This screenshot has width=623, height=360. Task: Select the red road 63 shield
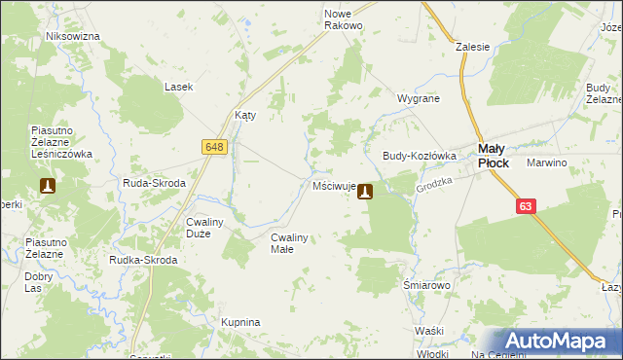point(527,206)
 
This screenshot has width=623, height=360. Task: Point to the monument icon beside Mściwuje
point(365,192)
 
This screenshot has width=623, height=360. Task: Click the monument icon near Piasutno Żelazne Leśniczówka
point(47,185)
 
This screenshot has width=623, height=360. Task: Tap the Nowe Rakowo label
point(343,19)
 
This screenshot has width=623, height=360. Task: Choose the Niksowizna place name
point(73,36)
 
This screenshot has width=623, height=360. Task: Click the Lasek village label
point(178,87)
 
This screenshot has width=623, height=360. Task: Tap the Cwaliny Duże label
point(205,227)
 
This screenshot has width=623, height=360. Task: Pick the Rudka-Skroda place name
point(144,260)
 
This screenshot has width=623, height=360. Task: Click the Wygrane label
point(419,99)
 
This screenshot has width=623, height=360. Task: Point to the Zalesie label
point(472,46)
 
